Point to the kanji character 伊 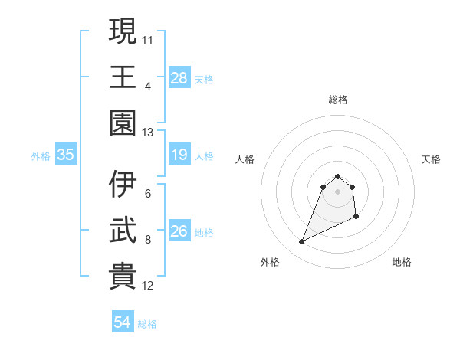click(x=123, y=184)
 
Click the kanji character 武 click(x=123, y=231)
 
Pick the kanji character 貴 click(x=123, y=277)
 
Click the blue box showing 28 click(x=179, y=77)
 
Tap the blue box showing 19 click(x=179, y=155)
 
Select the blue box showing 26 click(x=179, y=231)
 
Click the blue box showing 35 click(x=66, y=155)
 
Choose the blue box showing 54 click(x=123, y=322)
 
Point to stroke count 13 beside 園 click(x=148, y=132)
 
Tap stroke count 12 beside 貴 click(x=148, y=286)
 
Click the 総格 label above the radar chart click(x=337, y=100)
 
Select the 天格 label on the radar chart click(x=431, y=159)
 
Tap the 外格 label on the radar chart click(x=270, y=262)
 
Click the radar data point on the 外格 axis click(x=301, y=242)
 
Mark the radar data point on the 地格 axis click(x=356, y=218)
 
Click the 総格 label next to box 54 click(x=147, y=324)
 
